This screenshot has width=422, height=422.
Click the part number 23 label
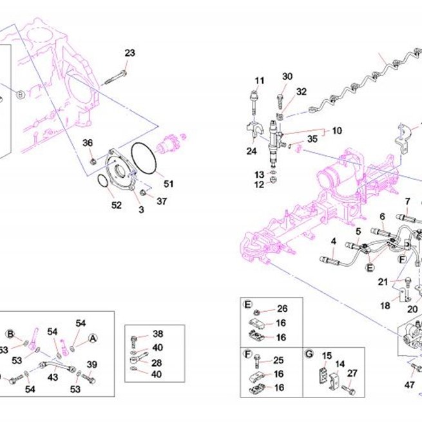129,53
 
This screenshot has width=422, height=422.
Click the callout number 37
162,201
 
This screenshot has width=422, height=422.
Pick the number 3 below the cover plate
141,209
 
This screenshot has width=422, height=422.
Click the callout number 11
260,81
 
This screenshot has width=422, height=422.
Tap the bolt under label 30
280,101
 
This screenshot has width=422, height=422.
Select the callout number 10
337,131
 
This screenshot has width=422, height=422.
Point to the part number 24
251,151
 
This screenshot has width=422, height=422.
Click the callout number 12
259,185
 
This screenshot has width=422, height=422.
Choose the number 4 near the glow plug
334,241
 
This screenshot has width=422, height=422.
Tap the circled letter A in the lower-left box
93,339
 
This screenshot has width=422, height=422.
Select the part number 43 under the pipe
53,378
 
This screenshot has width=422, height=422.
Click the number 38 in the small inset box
158,334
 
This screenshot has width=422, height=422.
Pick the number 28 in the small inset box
157,363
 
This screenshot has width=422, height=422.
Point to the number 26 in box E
282,309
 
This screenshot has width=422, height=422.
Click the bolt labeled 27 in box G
349,389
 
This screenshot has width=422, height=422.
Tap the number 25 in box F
278,360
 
